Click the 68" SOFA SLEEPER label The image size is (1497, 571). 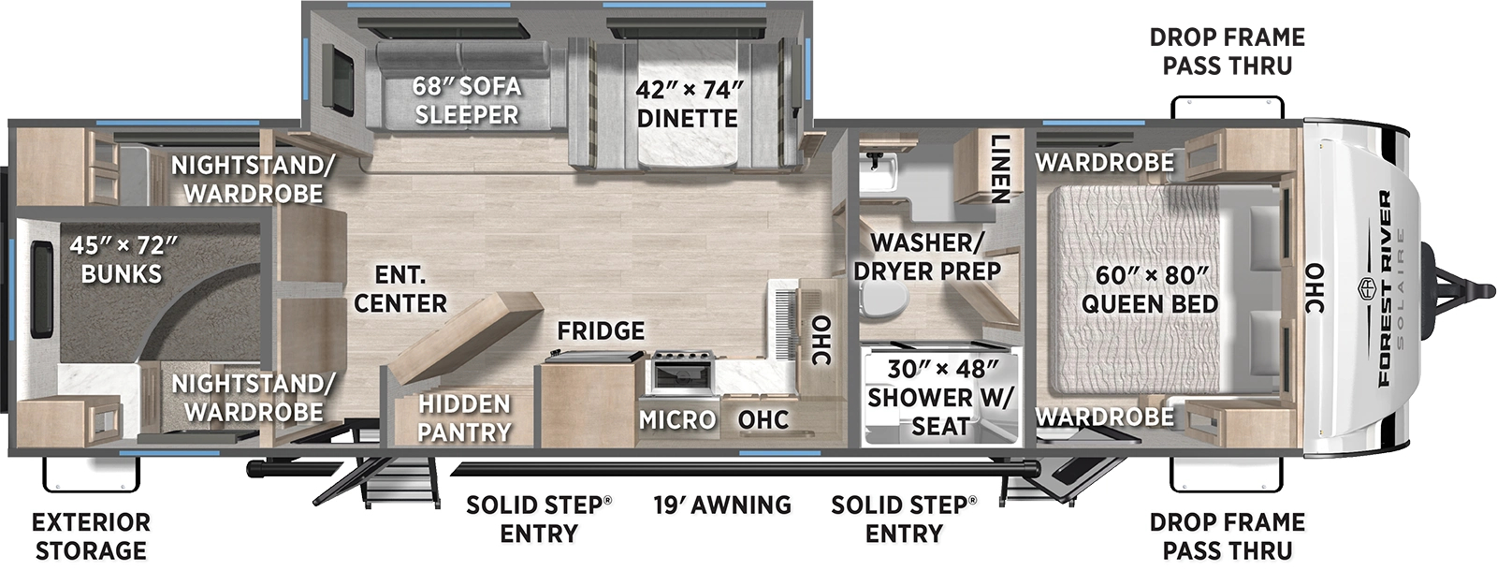(x=466, y=100)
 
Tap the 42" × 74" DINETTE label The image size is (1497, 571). (x=688, y=104)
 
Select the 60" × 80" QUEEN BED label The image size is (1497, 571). (x=1150, y=289)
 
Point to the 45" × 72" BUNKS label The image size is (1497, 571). (x=122, y=259)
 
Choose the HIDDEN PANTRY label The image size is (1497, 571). (x=463, y=417)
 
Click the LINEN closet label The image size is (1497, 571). (x=1000, y=169)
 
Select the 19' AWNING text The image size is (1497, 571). (x=721, y=505)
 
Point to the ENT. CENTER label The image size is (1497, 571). (x=400, y=289)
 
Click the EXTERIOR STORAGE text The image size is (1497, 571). (x=91, y=535)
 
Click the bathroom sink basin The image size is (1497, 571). (x=880, y=168)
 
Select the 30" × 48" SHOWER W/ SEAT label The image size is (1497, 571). (x=939, y=397)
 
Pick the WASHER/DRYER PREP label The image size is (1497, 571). (x=926, y=256)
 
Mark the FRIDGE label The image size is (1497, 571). (x=600, y=330)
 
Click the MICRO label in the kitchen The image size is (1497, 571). (x=677, y=419)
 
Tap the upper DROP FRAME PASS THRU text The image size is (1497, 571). (x=1227, y=51)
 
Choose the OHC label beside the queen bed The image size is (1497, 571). (x=1315, y=288)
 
